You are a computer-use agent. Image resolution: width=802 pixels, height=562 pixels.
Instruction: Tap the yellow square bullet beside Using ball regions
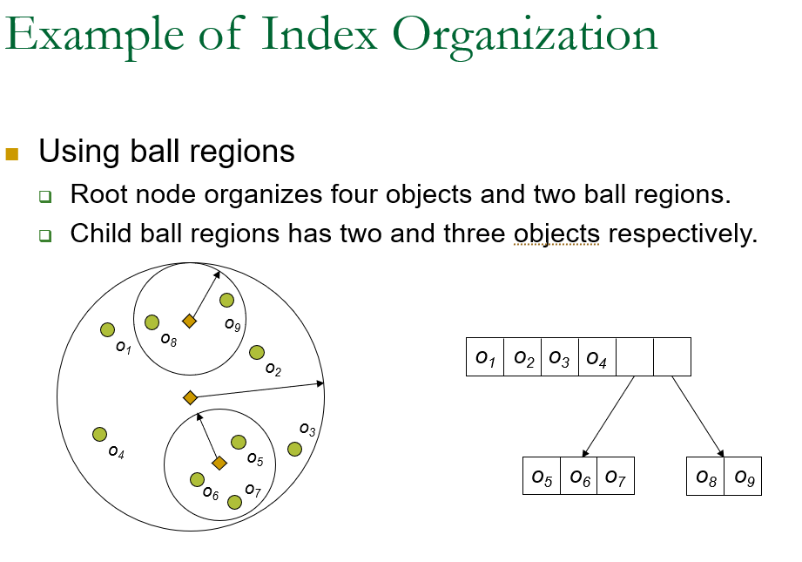pos(12,154)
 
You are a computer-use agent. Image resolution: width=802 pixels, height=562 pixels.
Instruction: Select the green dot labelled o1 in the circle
pos(107,329)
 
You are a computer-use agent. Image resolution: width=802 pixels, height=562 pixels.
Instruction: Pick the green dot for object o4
pos(99,434)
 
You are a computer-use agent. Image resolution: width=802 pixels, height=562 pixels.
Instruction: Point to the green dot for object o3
pos(294,449)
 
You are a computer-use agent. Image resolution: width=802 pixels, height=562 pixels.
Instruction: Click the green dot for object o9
pos(226,301)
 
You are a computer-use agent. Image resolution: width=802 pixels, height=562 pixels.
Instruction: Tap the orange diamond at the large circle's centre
pos(191,397)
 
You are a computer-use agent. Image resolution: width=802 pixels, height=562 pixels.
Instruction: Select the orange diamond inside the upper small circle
pos(189,321)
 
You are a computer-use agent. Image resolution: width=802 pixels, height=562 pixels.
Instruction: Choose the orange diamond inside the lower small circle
pos(219,463)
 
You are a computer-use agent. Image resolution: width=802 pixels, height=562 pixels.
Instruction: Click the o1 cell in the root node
pos(485,356)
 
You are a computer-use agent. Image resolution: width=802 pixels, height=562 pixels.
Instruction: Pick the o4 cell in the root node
pos(596,356)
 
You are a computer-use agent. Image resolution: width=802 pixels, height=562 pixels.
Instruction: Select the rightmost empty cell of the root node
pos(671,356)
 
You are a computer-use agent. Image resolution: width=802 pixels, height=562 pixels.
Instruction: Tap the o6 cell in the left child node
pos(579,476)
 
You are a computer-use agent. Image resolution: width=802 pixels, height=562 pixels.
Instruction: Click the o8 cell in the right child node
pos(705,476)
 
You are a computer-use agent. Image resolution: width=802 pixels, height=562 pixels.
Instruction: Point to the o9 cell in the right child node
pos(743,476)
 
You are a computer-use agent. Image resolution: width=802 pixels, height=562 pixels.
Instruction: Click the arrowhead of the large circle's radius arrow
pos(320,383)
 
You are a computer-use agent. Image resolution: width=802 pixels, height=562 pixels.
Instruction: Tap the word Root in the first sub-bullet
pos(92,193)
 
